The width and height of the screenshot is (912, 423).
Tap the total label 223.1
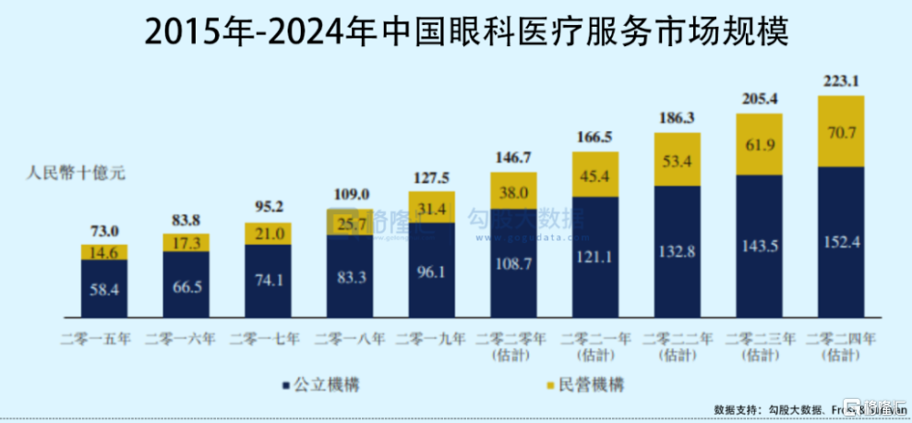(840, 80)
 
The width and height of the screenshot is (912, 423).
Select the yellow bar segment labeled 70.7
(841, 130)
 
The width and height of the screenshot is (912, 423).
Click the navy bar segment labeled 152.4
(841, 242)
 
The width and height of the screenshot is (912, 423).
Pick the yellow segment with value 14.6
(104, 252)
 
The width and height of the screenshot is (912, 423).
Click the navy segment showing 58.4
(104, 288)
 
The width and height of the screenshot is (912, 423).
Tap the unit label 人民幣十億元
(74, 172)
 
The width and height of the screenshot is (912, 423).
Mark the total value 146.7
(513, 158)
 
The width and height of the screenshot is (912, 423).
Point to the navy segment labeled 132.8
(677, 250)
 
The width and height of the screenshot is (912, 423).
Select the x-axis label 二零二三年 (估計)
(759, 345)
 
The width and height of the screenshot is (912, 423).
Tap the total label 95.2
(268, 207)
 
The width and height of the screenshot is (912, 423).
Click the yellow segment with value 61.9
(759, 144)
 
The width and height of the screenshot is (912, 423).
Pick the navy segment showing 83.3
(349, 275)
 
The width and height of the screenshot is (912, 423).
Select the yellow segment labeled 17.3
(186, 243)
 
